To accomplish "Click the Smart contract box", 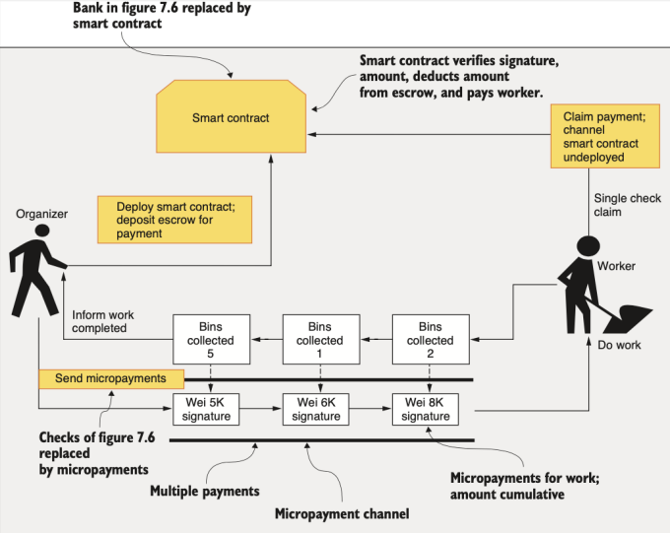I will click(231, 118).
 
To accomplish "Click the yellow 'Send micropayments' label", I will click(111, 378).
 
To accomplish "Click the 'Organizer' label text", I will click(41, 213).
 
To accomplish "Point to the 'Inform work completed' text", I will click(103, 321).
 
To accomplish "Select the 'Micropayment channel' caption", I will click(341, 513).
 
